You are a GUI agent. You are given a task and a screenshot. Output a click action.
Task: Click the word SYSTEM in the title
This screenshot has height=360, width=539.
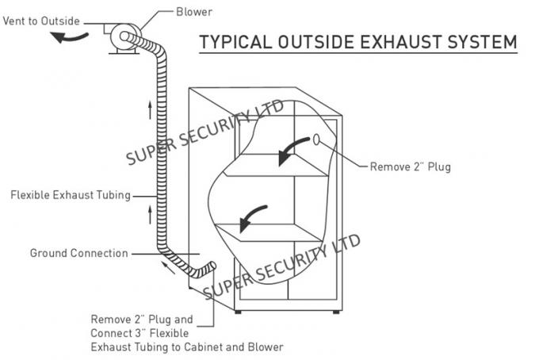[x=480, y=41]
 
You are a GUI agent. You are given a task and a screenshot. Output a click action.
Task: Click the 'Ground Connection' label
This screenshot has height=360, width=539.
[x=78, y=254]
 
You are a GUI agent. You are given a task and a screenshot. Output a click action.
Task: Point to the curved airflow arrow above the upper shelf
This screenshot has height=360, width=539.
[x=292, y=151]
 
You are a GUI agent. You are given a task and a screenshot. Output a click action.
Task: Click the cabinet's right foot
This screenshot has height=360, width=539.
[x=334, y=311]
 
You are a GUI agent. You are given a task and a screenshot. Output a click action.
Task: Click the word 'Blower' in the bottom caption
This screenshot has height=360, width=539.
[x=265, y=347]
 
